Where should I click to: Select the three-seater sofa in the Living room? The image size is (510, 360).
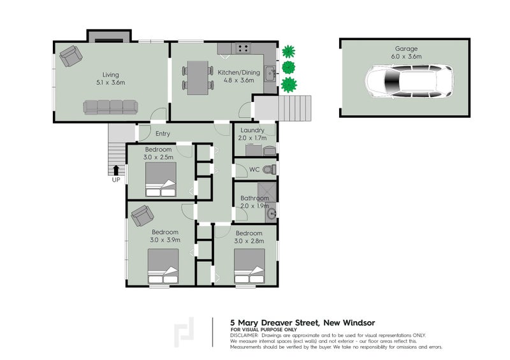[x=111, y=106]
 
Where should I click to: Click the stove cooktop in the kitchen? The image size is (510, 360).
[x=243, y=47]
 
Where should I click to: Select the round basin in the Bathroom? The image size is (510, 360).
[x=272, y=213]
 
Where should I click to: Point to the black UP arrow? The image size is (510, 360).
[x=116, y=169]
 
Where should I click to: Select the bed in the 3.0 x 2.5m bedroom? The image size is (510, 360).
[x=161, y=180]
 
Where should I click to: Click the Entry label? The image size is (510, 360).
[x=163, y=134]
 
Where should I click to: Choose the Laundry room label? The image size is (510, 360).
[x=252, y=130]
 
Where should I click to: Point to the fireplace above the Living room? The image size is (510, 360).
[x=109, y=35]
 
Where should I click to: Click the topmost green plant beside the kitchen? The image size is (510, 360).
[x=289, y=50]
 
